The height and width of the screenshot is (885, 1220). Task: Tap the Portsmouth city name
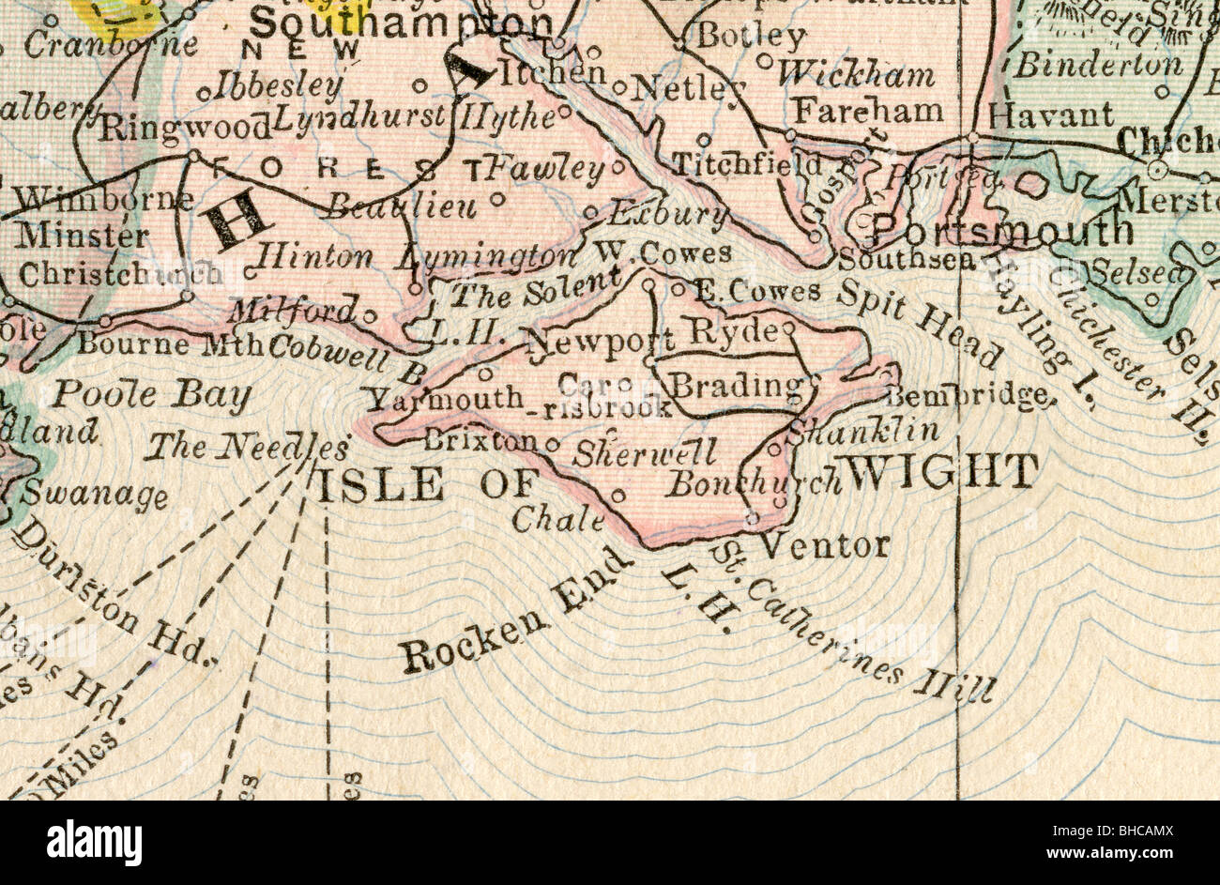click(1002, 230)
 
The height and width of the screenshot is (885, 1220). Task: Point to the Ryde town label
click(733, 330)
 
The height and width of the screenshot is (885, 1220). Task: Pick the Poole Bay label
click(150, 396)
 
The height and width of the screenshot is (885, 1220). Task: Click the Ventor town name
click(823, 544)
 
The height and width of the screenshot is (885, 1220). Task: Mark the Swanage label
click(95, 494)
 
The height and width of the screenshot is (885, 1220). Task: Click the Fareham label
click(868, 111)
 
